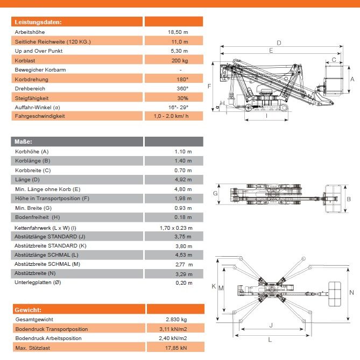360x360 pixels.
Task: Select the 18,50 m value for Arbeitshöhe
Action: tap(178, 32)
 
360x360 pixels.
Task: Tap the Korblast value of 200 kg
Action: tap(178, 60)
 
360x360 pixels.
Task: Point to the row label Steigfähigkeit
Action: tap(32, 98)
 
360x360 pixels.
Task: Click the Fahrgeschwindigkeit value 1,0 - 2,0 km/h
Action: tap(171, 116)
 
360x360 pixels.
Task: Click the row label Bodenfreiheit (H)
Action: tap(37, 217)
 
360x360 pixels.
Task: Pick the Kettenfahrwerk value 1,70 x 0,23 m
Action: tap(175, 228)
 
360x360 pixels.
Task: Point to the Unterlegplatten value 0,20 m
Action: tap(183, 283)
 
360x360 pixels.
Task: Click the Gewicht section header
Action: tap(27, 309)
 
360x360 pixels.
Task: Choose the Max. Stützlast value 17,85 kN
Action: tap(177, 348)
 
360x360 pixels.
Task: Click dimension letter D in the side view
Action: tap(279, 43)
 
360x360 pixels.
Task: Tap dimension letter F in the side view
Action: tap(209, 86)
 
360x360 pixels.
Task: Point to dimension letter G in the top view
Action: tap(215, 193)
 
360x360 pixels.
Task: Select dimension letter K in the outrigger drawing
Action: tap(214, 286)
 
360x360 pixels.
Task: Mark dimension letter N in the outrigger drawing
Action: tap(351, 292)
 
